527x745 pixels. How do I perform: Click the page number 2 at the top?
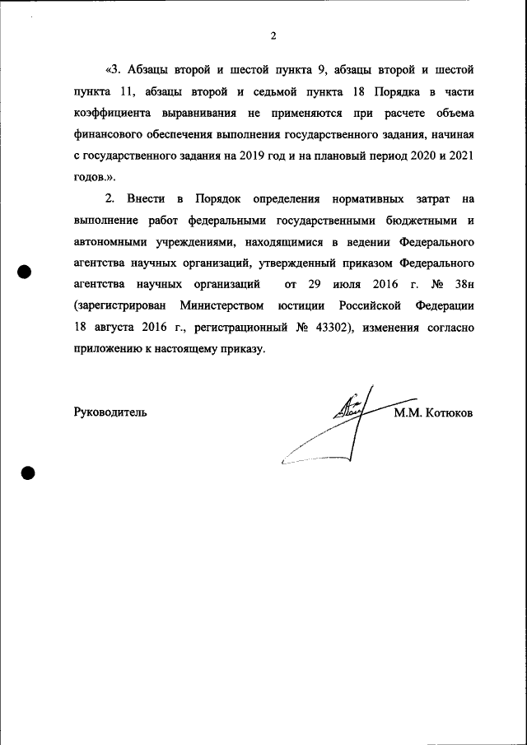[273, 35]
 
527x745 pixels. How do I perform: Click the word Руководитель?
[110, 412]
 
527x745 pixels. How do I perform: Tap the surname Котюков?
[449, 412]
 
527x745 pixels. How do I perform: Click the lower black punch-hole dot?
[26, 473]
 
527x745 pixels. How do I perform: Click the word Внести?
[146, 199]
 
